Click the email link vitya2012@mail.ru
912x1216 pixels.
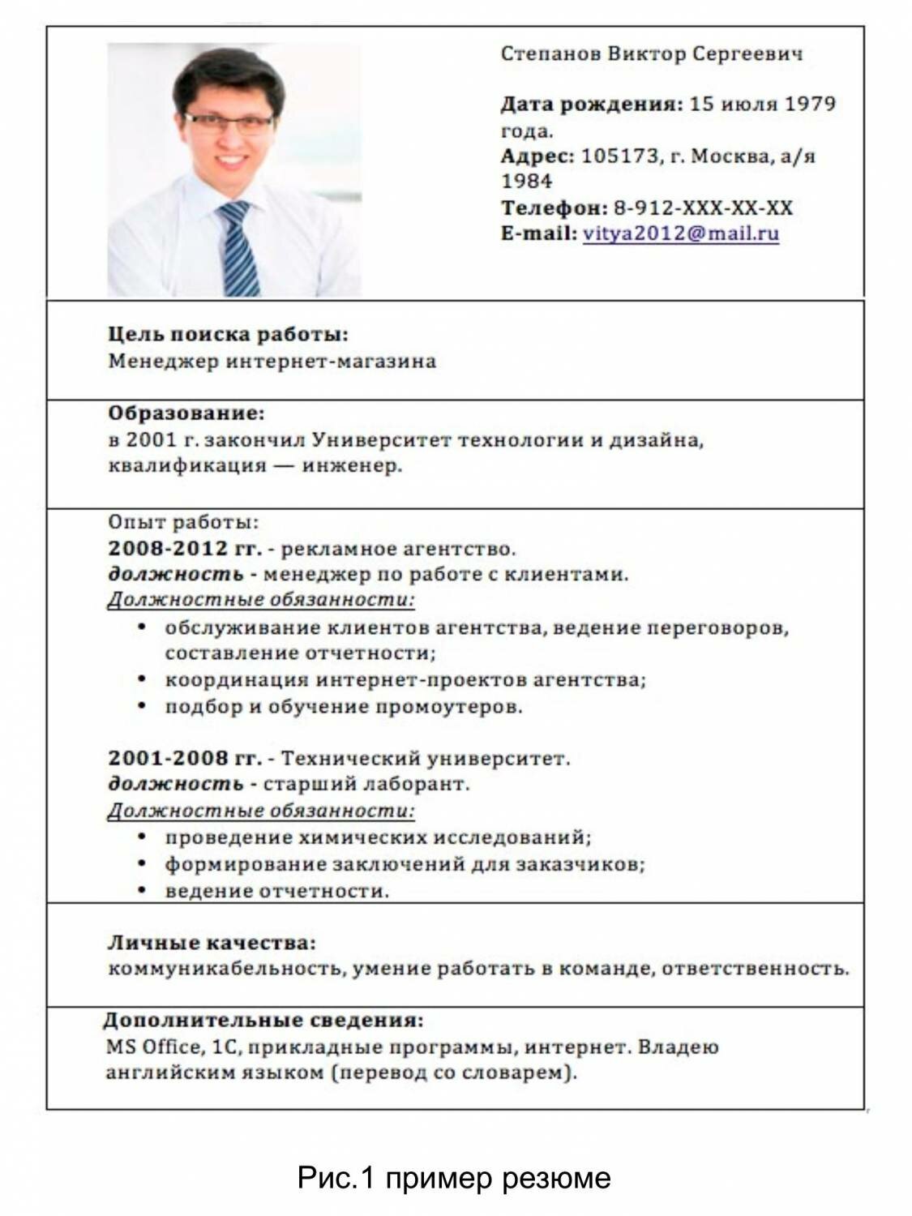coord(680,233)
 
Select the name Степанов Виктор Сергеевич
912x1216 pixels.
coord(652,54)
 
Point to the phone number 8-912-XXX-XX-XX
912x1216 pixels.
coord(703,208)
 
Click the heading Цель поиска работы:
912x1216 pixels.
coord(228,334)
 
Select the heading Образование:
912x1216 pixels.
coord(186,413)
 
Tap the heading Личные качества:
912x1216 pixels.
coord(212,943)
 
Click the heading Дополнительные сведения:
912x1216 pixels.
coord(263,1020)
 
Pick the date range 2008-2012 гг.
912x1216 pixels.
coord(185,549)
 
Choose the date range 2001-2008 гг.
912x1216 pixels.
coord(185,759)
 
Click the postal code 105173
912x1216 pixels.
coord(620,156)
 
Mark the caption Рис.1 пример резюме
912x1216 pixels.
coord(454,1177)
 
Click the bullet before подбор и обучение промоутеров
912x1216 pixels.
coord(143,706)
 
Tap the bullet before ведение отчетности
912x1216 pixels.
coord(143,891)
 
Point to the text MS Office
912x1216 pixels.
coord(152,1047)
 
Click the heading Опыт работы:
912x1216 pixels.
coord(183,523)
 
